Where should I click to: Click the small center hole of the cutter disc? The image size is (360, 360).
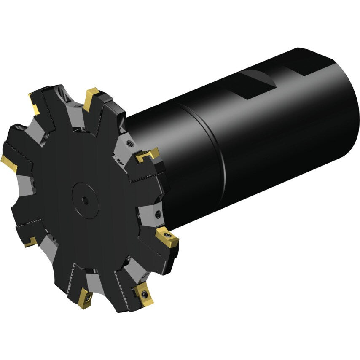(86, 201)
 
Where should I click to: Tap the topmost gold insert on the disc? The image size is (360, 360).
(91, 98)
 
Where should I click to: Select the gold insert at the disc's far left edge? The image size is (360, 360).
(9, 163)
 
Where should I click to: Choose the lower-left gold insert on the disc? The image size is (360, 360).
(30, 242)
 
